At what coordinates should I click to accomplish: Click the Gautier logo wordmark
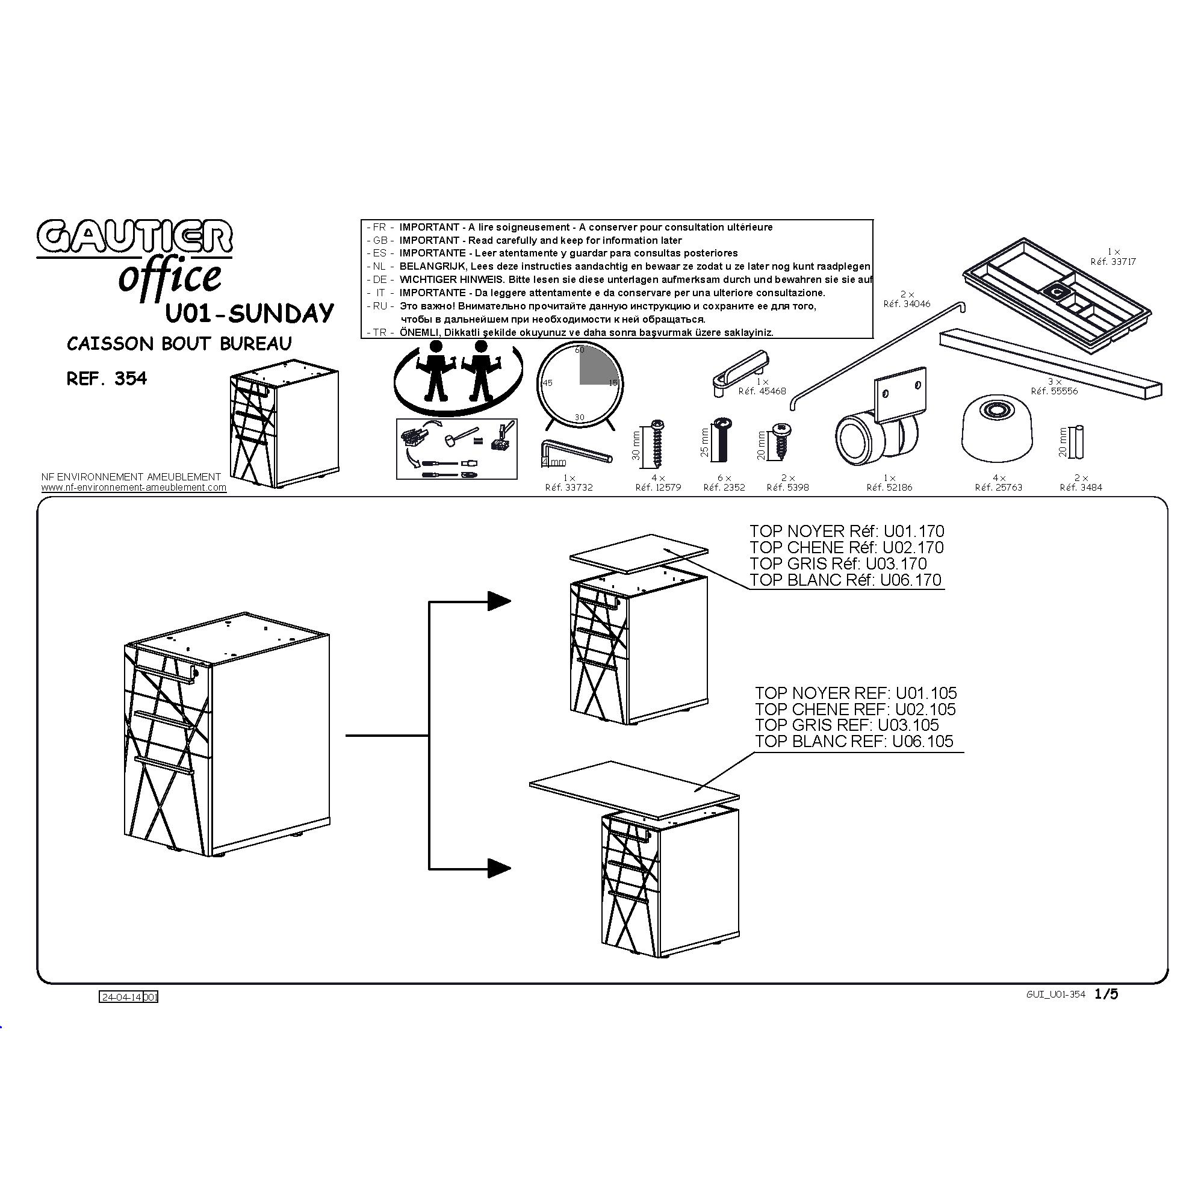point(135,237)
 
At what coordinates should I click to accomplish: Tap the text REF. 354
point(107,379)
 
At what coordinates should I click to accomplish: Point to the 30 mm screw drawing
point(657,443)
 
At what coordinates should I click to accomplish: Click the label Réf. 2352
point(724,488)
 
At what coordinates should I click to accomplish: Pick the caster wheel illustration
point(881,419)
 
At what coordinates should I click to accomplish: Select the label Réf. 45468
point(762,391)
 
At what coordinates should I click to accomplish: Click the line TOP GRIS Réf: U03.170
point(838,564)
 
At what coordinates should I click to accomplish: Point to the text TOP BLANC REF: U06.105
point(854,742)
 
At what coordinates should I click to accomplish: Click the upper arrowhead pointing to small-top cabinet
point(499,601)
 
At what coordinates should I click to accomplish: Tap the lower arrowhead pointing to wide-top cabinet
point(499,868)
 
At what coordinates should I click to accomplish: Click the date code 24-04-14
point(122,997)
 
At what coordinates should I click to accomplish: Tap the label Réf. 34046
point(907,304)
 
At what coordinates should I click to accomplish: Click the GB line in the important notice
point(524,241)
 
